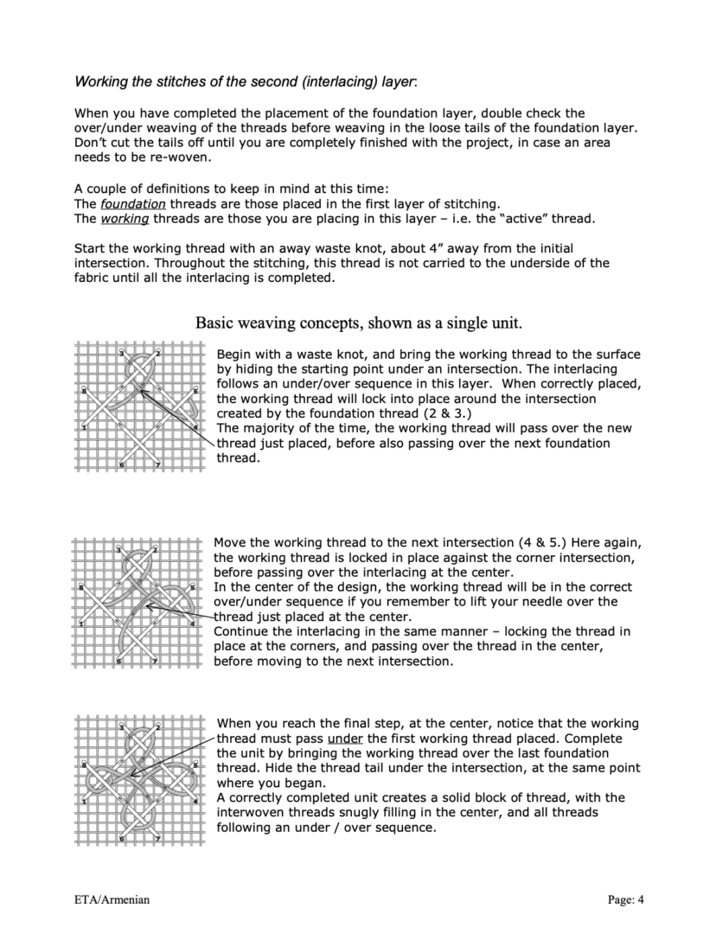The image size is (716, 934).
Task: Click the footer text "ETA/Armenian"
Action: [x=112, y=900]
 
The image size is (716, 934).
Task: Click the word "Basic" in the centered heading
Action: [x=214, y=323]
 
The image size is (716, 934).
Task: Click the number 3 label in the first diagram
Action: [x=120, y=353]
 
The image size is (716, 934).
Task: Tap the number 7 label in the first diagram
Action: [x=157, y=465]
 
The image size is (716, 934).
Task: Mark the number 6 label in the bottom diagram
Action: [x=120, y=839]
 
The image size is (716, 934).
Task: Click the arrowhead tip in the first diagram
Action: [x=137, y=391]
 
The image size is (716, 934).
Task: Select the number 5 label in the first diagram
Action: [x=195, y=391]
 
